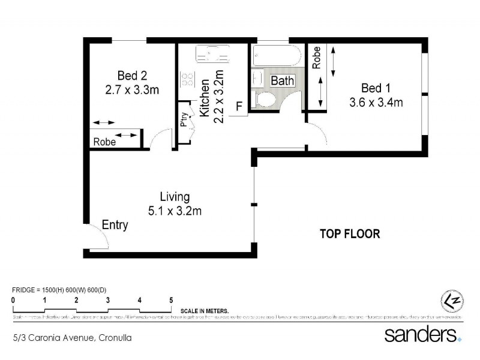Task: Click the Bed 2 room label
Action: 132,76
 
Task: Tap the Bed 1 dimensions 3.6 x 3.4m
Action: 376,102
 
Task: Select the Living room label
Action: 175,197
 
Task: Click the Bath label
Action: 281,80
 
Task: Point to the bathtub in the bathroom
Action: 277,56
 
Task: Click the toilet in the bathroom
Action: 265,100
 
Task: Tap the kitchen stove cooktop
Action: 187,79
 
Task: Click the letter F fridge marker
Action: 239,107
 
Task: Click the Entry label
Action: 115,225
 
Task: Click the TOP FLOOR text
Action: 350,234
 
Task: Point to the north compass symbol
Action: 451,299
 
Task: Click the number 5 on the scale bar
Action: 171,299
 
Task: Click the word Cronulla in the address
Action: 115,338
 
